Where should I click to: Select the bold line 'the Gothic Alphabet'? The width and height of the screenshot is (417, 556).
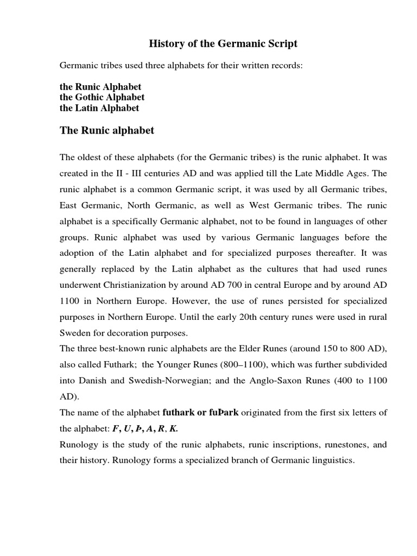[x=102, y=97]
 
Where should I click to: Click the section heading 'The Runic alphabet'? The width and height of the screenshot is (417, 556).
[x=107, y=130]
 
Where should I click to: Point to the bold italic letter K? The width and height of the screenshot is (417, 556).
[x=173, y=428]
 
